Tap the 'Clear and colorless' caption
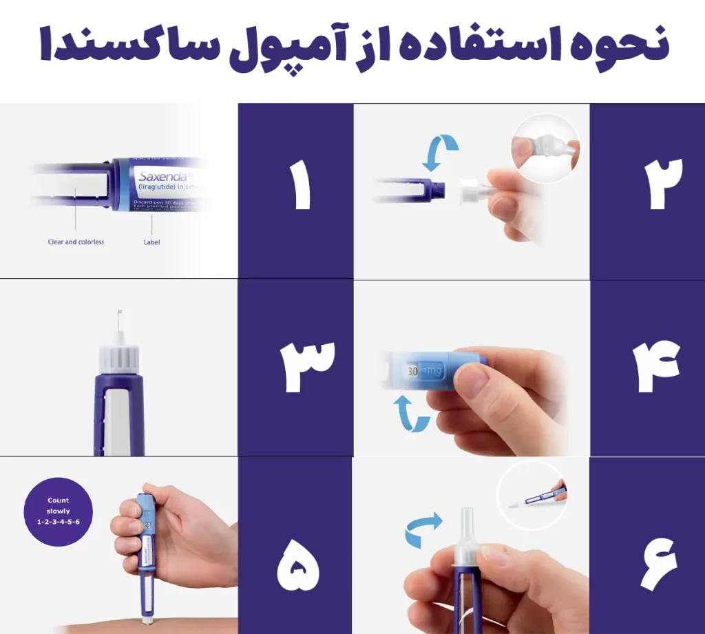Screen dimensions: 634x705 [x=76, y=242]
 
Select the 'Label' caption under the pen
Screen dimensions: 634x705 [x=151, y=242]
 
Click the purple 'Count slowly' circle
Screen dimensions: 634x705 [x=58, y=511]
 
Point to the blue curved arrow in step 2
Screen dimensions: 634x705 [x=440, y=153]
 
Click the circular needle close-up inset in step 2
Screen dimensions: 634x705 [x=545, y=147]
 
